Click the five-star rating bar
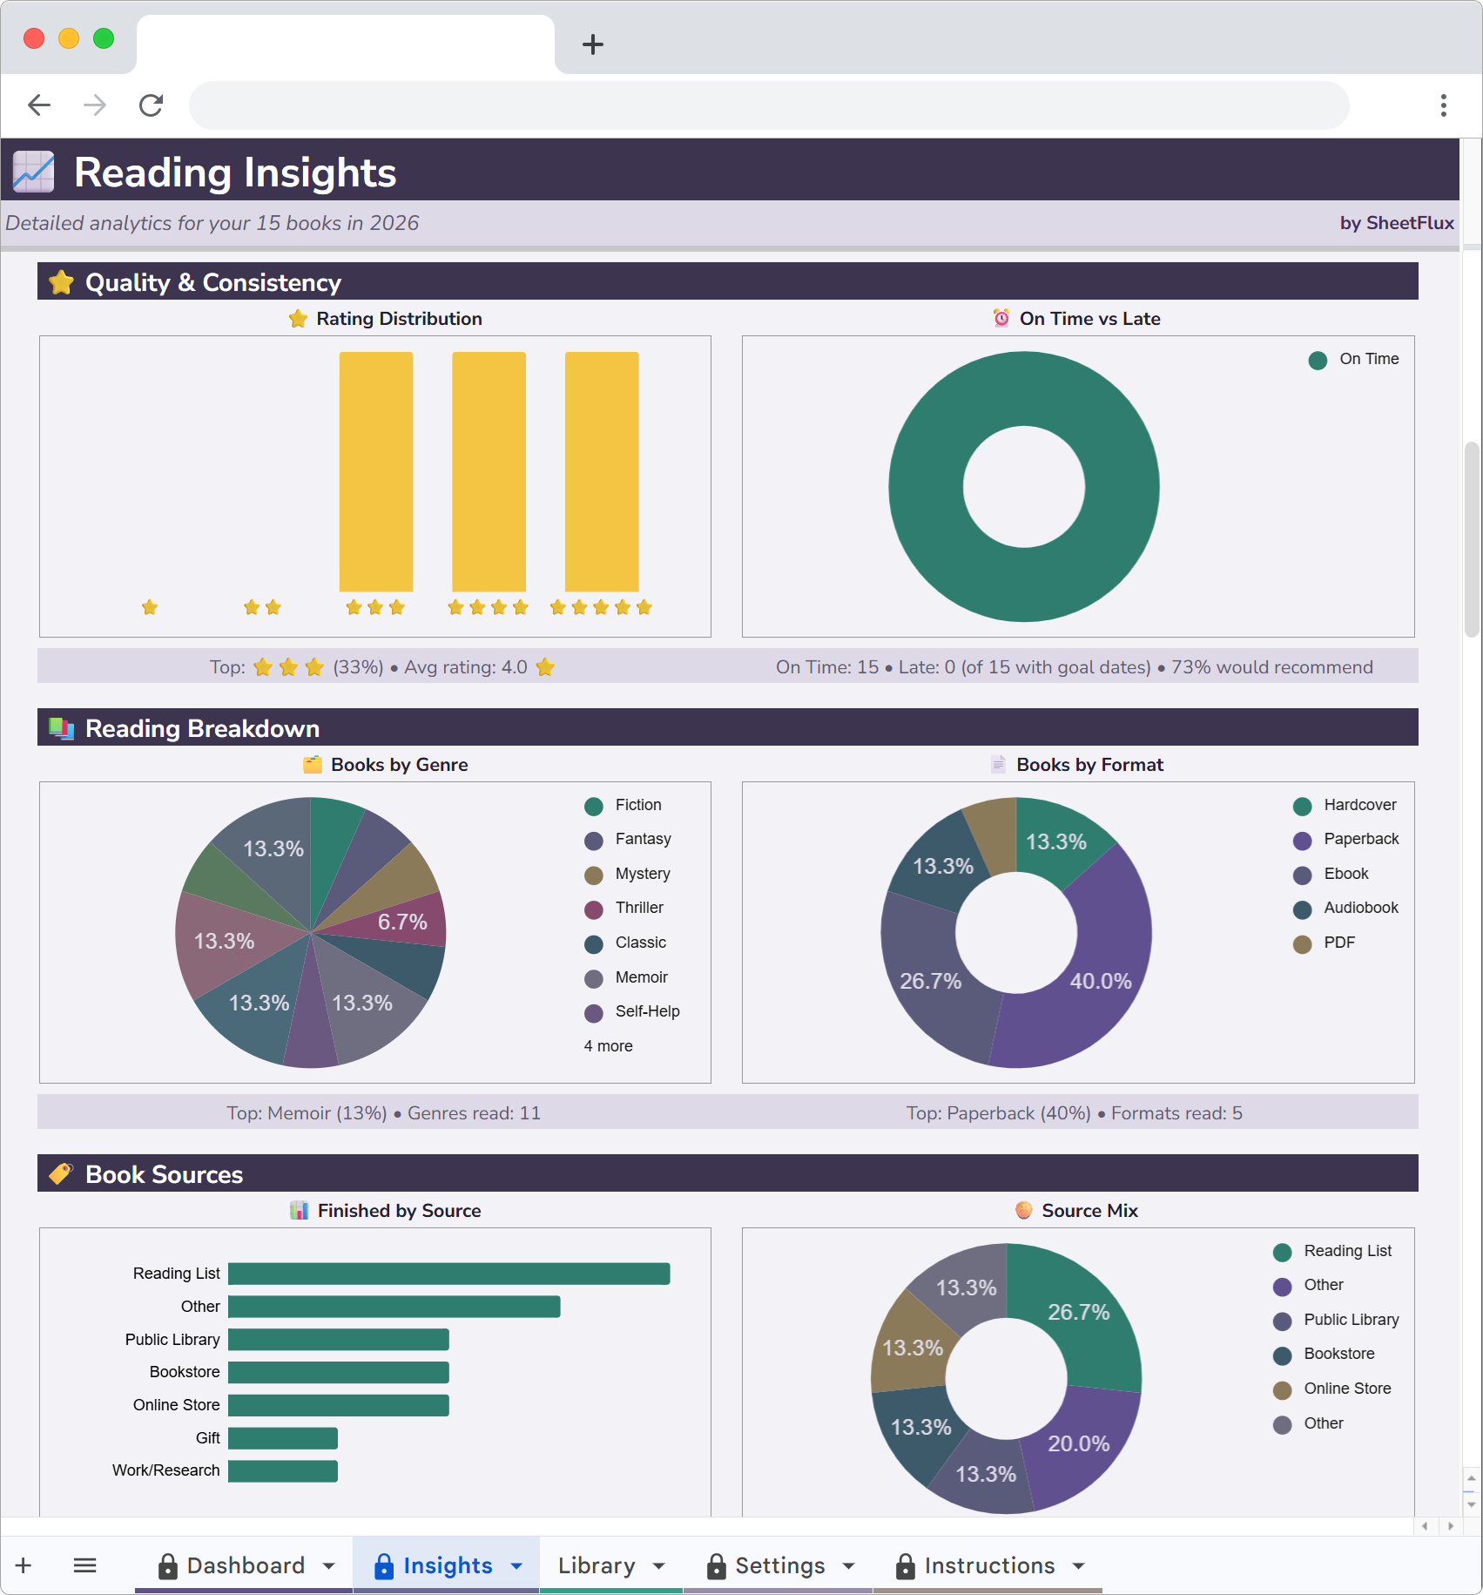click(602, 471)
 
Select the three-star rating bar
click(375, 471)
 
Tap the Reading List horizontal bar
click(448, 1274)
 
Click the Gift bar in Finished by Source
click(282, 1438)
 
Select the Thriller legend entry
click(638, 908)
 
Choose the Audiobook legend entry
click(1360, 908)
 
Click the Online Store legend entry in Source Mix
click(1346, 1389)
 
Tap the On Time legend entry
click(1368, 359)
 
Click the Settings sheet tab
click(779, 1565)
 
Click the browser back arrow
click(39, 105)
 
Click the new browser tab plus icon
click(593, 44)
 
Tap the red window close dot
click(34, 38)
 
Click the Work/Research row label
click(165, 1470)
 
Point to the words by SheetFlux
click(1396, 223)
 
